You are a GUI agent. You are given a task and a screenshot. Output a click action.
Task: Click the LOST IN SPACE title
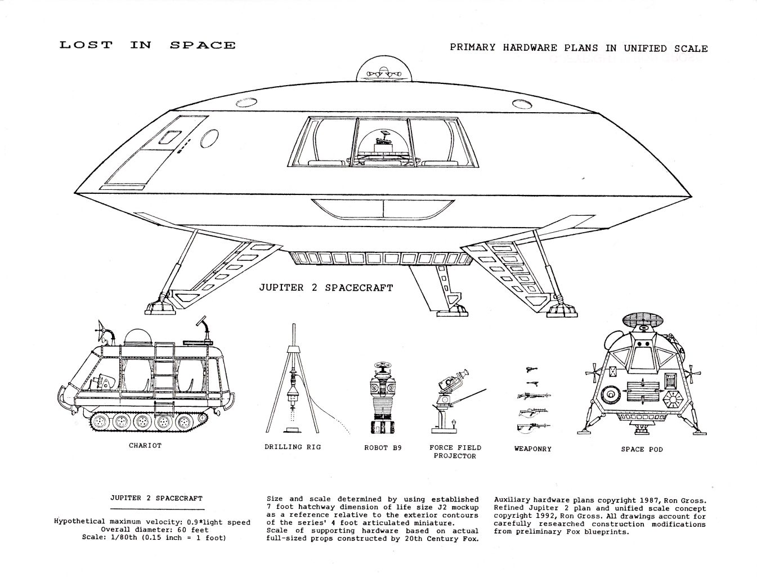coord(147,45)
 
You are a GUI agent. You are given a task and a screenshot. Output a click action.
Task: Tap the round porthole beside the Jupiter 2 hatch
coord(209,139)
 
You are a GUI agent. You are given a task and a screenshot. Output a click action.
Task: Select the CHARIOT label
coord(145,446)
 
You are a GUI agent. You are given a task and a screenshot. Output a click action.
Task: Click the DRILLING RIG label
coord(293,447)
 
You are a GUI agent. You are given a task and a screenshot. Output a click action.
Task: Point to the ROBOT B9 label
coord(383,448)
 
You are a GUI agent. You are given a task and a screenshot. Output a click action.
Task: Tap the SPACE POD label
coord(642,449)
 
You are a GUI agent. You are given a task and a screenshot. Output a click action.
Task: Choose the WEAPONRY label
coord(533,449)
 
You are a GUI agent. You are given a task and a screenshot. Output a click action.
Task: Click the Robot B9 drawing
coord(383,398)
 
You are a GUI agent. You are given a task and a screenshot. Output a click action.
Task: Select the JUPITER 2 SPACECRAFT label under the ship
coord(326,287)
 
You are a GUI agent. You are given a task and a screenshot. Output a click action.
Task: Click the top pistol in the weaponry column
coord(531,370)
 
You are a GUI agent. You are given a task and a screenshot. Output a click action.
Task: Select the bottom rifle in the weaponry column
coord(533,427)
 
